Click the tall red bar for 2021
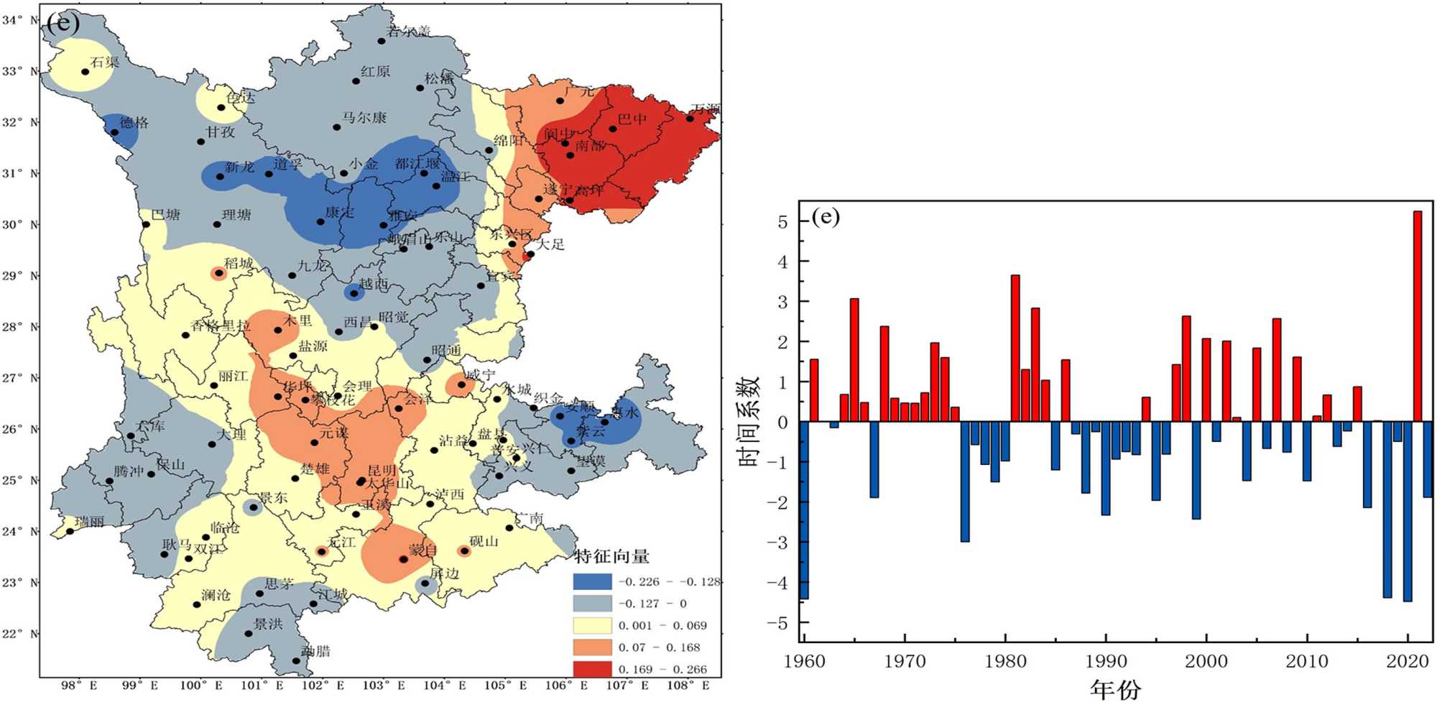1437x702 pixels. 1418,316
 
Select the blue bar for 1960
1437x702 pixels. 804,510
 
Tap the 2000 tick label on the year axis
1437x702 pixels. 1206,662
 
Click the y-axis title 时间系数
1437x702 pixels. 749,422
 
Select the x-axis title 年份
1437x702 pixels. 1115,689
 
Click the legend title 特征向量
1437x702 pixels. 611,556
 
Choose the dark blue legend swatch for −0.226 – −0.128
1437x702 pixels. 592,582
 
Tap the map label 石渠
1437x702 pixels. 104,62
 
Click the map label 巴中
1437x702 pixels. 632,119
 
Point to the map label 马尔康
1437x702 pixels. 364,117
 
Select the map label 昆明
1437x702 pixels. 382,471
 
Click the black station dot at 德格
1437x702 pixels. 115,132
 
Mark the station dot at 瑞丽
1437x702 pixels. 70,532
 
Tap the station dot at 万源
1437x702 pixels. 690,119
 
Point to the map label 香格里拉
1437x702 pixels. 221,325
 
